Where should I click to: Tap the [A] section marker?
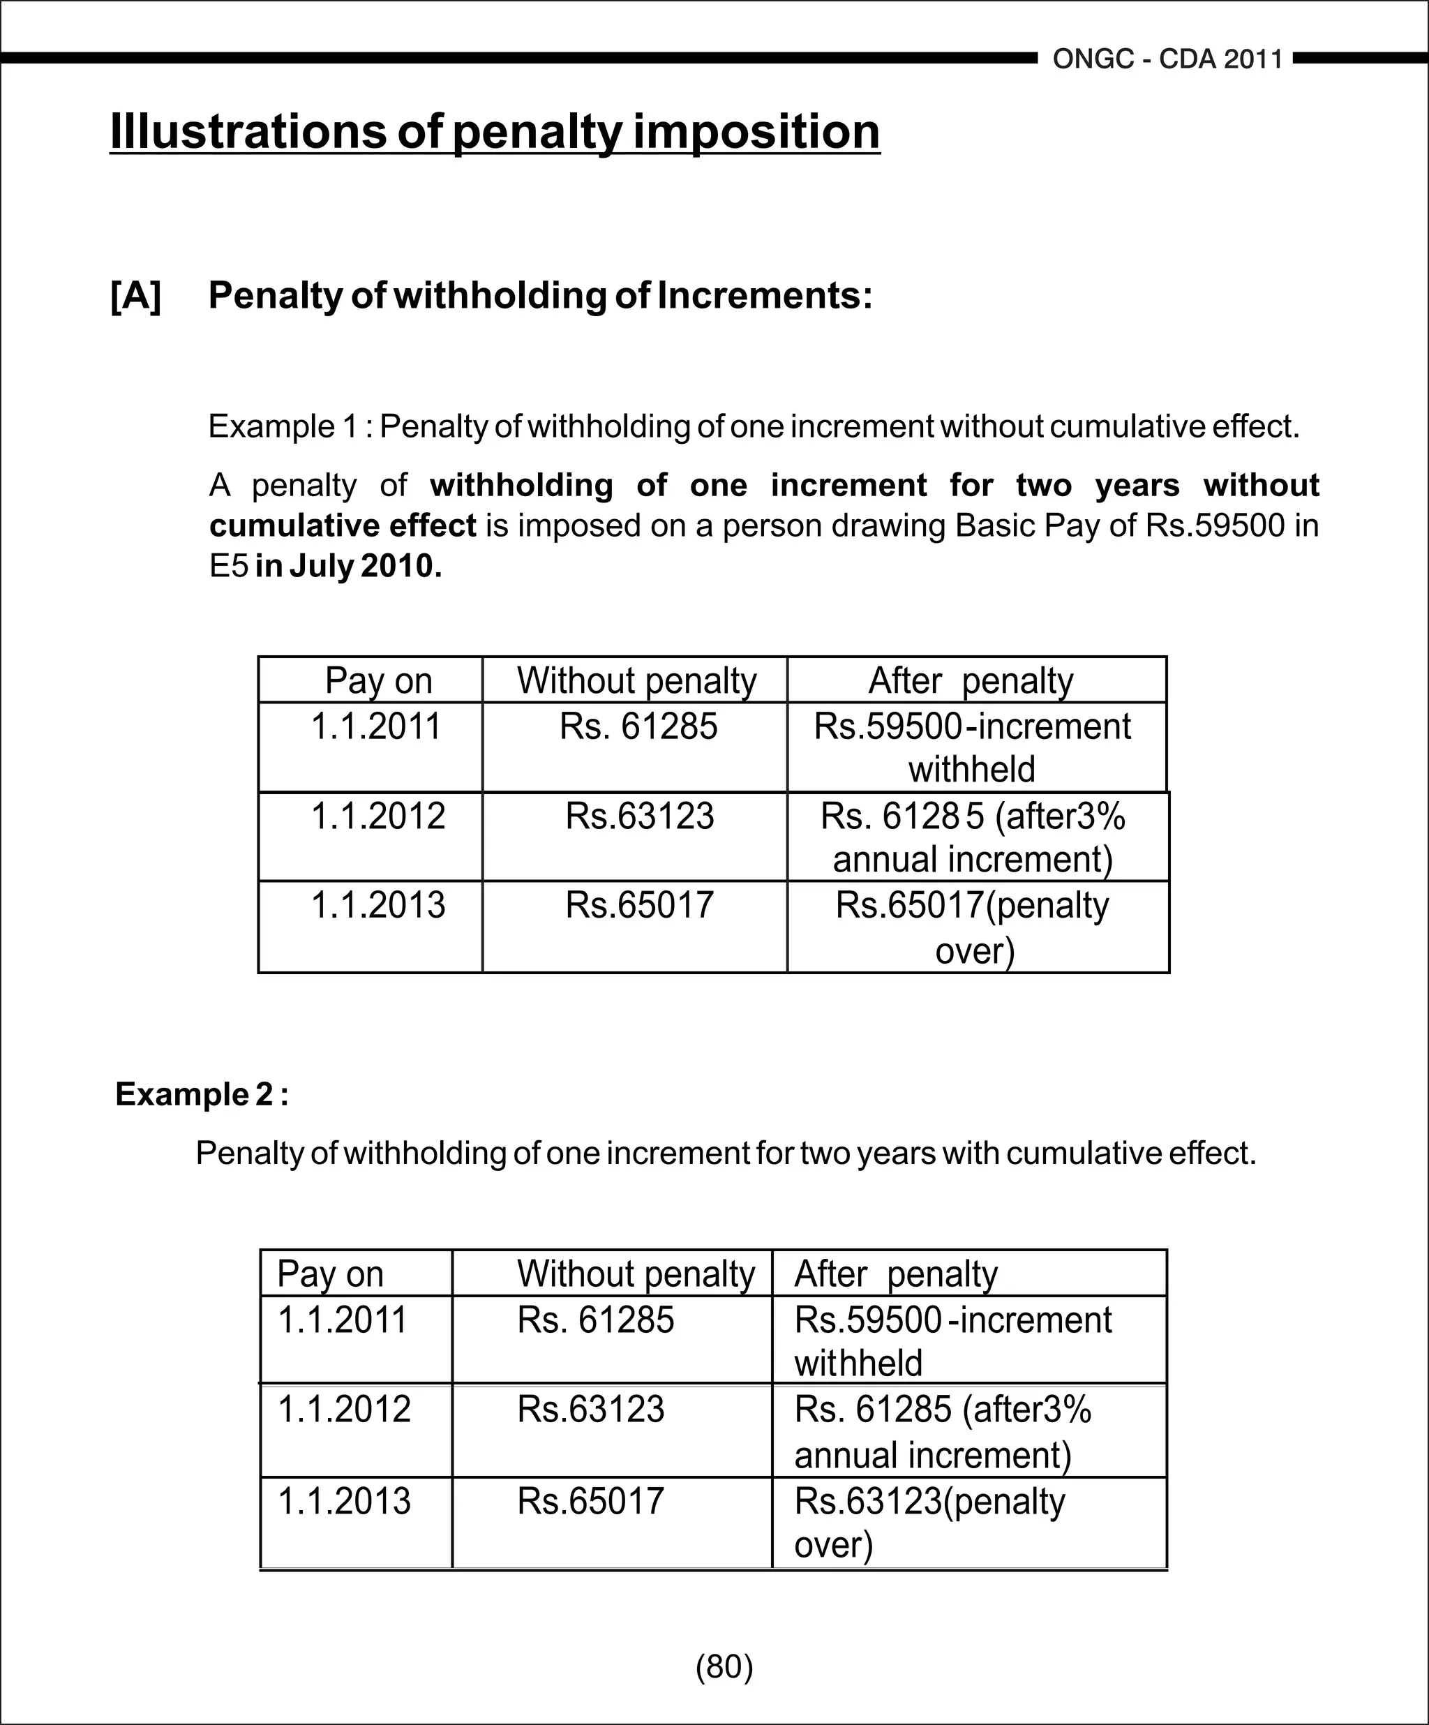[136, 296]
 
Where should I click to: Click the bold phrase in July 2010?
[348, 566]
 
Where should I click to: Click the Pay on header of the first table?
[377, 680]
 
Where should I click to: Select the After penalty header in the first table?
[971, 680]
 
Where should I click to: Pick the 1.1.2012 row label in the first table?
[377, 816]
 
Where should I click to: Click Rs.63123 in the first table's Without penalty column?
[639, 816]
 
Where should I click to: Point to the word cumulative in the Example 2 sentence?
[1084, 1153]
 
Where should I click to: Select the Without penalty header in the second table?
[635, 1274]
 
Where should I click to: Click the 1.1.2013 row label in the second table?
[344, 1501]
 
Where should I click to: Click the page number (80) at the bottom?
[724, 1666]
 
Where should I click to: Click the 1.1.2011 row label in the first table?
[376, 726]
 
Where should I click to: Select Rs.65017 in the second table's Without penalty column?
[590, 1501]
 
